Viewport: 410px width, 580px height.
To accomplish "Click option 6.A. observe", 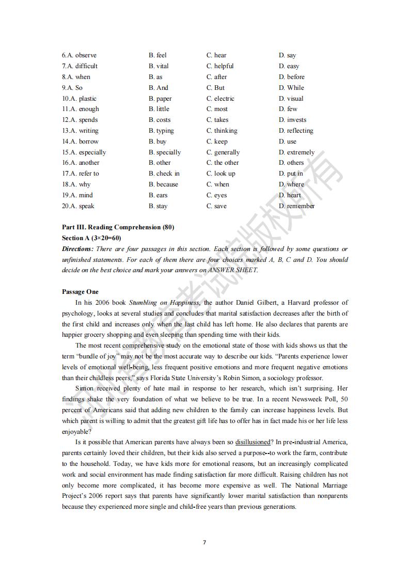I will pos(79,55).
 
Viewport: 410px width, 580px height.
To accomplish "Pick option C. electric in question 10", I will pos(220,99).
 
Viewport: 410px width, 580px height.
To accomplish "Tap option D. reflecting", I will pos(296,131).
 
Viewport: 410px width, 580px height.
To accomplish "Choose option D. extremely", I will pos(296,152).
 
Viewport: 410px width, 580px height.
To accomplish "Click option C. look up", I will pos(221,174).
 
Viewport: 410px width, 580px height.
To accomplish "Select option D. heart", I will pos(290,195).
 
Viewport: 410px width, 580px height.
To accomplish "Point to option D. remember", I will pos(296,206).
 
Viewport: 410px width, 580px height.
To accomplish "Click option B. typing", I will pos(161,131).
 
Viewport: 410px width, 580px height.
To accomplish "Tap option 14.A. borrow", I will pos(80,142).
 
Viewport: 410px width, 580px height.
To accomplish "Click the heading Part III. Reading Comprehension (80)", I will pos(118,227).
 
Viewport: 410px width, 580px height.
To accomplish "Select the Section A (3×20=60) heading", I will pos(91,238).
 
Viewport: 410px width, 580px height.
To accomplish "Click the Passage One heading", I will pos(80,292).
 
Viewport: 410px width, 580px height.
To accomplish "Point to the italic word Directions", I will pos(77,249).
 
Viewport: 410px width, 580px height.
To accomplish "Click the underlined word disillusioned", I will pos(253,442).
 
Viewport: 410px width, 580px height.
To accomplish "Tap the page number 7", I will pos(204,542).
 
